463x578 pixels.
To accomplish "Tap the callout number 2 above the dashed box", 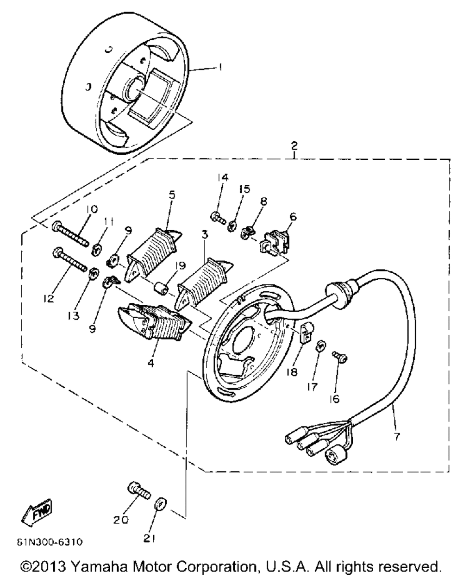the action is (x=294, y=146).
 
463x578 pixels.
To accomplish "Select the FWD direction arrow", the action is (x=37, y=512).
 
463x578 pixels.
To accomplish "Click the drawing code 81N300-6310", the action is (x=50, y=542).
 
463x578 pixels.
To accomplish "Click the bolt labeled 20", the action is (x=139, y=491).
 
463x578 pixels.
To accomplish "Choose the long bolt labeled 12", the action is (x=71, y=259).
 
